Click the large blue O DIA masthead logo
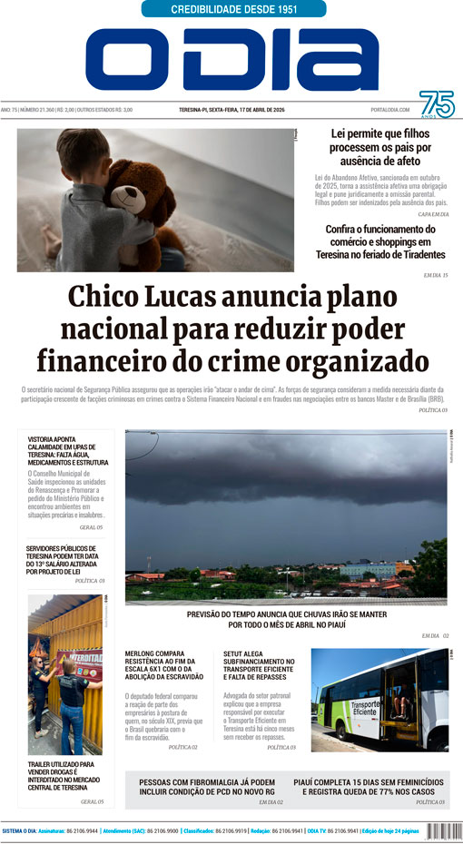coord(232,60)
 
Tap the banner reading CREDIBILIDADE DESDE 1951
coord(233,9)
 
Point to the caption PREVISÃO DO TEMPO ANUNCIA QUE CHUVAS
coord(286,618)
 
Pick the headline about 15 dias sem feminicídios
coord(368,785)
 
